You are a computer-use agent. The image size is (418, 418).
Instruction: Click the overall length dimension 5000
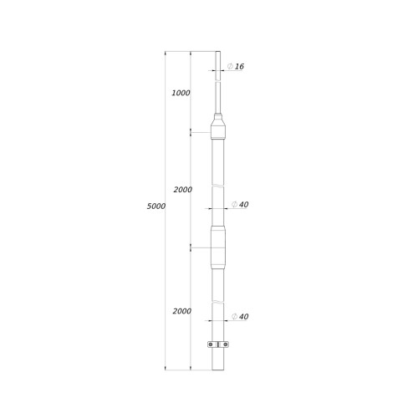(x=156, y=206)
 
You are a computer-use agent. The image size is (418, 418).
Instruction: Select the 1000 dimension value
(x=181, y=93)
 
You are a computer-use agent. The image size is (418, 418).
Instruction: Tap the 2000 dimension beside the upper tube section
(x=183, y=190)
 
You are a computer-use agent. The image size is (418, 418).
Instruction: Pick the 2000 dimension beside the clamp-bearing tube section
(x=182, y=311)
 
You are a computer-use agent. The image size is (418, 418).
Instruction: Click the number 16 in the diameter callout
(x=239, y=66)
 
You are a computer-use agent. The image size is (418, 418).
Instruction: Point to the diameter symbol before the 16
(x=230, y=66)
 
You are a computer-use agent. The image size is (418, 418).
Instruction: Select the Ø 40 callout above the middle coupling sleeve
(x=240, y=204)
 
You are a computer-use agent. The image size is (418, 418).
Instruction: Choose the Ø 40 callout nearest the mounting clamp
(x=240, y=317)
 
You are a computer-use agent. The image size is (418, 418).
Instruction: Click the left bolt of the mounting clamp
(x=211, y=344)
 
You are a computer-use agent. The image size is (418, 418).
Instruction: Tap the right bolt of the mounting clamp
(x=225, y=344)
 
